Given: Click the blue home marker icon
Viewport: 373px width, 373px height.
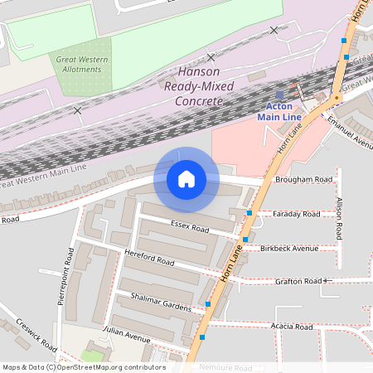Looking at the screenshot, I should click(x=186, y=179).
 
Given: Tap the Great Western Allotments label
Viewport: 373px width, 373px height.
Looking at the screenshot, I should click(x=80, y=64).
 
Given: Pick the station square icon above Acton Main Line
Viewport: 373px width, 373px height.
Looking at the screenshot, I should click(x=279, y=95).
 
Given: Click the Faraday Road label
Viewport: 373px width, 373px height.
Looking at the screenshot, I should click(x=296, y=214).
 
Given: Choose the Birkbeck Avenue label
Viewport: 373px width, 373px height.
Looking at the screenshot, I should click(x=288, y=248).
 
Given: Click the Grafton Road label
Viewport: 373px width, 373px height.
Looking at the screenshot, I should click(x=298, y=282).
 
